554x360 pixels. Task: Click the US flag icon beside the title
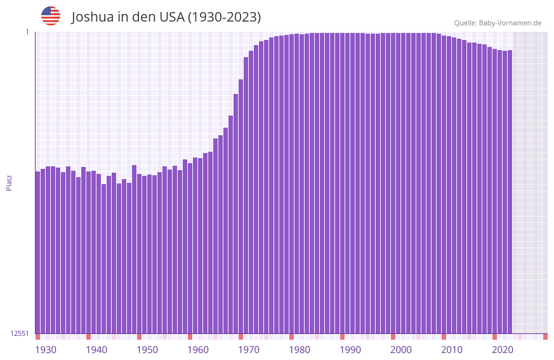51,16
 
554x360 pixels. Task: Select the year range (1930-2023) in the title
224,17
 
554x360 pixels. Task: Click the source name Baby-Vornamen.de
510,23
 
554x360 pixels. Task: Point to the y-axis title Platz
9,182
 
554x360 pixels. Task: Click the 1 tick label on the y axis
27,32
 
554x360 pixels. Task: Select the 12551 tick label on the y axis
20,333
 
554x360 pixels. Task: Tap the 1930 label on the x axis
46,350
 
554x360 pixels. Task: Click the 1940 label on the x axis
96,350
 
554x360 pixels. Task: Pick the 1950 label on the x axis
147,350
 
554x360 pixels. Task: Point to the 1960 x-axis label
198,350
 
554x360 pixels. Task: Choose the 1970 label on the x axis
249,350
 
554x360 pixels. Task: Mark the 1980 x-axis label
300,350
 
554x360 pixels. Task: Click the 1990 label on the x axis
350,350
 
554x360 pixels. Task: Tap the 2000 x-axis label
401,350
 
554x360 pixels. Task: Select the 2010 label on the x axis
452,350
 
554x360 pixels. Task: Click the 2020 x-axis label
503,350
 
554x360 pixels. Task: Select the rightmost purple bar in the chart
510,191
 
